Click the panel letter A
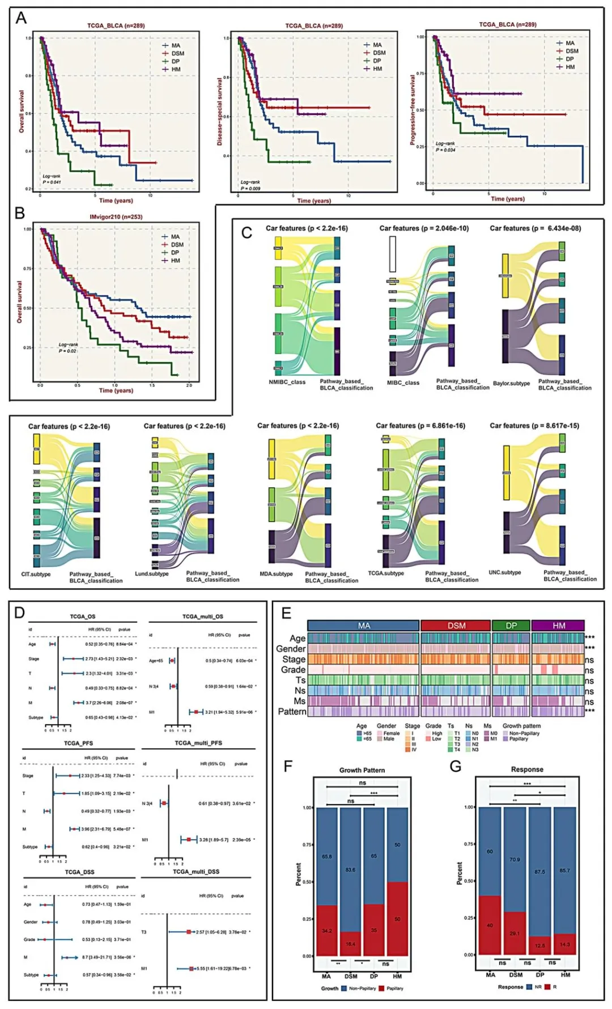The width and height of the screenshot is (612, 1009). (x=21, y=18)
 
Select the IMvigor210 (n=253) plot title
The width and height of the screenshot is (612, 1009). (x=116, y=217)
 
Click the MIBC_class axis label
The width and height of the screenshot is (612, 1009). (x=403, y=383)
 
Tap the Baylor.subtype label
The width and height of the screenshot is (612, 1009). (x=511, y=384)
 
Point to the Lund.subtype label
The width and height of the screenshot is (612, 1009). (x=152, y=574)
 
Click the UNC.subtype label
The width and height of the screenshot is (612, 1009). (x=504, y=573)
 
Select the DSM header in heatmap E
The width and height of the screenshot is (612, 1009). (x=456, y=625)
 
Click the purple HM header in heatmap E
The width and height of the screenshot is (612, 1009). (x=559, y=625)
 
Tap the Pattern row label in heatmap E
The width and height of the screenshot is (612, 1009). (x=292, y=712)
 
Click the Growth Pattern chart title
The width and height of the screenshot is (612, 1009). (x=362, y=770)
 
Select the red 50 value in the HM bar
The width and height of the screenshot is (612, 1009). (x=397, y=919)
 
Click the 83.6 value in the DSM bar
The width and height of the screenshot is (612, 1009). (x=350, y=870)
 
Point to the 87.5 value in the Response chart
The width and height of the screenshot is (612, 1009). (x=539, y=872)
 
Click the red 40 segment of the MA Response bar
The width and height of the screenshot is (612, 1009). (x=490, y=925)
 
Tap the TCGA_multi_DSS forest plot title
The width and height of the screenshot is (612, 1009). (x=195, y=872)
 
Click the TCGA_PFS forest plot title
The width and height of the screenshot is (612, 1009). (x=78, y=743)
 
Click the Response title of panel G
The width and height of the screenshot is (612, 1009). (x=527, y=770)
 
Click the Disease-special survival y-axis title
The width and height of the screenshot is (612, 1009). (x=220, y=112)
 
